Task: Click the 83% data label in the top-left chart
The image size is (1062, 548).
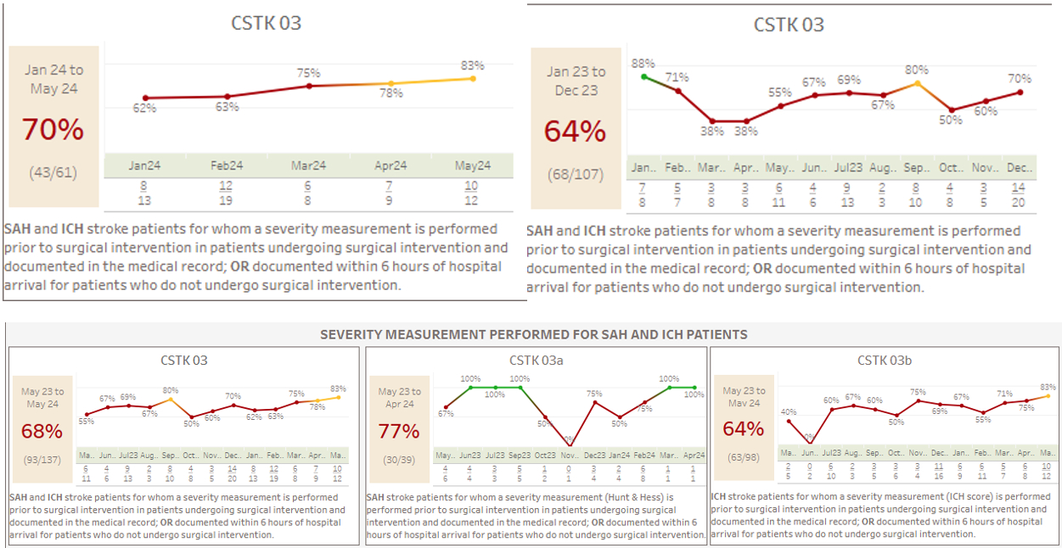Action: point(473,65)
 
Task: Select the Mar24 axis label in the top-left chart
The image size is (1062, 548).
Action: point(308,165)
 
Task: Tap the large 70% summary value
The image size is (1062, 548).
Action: point(53,130)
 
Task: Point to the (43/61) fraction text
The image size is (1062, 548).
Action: point(53,172)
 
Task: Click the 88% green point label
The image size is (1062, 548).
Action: point(642,64)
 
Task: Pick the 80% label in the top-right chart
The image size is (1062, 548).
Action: point(917,70)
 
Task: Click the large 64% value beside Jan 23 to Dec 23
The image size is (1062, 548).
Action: point(576,131)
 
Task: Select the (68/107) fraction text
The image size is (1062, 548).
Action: point(576,175)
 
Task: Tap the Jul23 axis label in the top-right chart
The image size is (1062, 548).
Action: point(848,168)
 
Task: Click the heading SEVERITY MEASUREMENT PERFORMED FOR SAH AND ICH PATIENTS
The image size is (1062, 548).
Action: point(533,334)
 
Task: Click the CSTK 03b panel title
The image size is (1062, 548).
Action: point(884,361)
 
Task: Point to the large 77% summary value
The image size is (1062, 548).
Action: point(399,431)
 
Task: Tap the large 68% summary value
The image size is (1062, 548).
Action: point(42,431)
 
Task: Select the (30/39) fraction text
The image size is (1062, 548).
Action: point(399,459)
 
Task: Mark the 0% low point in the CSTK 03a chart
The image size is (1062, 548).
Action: point(570,445)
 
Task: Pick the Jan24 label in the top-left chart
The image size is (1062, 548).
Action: point(144,165)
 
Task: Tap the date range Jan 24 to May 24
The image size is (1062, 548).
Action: point(53,79)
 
